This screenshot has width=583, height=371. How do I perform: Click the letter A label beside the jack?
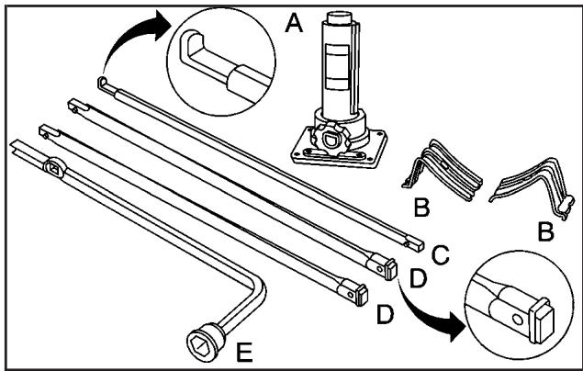tap(294, 23)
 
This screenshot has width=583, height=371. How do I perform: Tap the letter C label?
tap(441, 255)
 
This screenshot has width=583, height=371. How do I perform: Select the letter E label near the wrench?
tap(244, 352)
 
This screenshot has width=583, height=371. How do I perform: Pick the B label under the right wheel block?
tap(546, 231)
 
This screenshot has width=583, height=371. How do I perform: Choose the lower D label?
tap(386, 315)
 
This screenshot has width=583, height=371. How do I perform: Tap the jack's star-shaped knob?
tap(331, 140)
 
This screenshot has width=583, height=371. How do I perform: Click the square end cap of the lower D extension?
tap(362, 296)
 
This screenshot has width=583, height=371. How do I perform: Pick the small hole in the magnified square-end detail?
tap(517, 319)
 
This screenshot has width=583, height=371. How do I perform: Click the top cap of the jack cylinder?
tap(339, 17)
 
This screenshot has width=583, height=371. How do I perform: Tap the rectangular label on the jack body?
tap(337, 67)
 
